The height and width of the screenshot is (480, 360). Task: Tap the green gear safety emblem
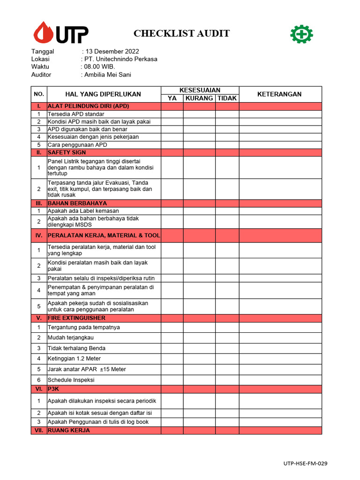pos(301,34)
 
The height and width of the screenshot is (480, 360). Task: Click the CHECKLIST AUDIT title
pos(181,33)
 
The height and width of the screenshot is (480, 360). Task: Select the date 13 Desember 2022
pos(112,52)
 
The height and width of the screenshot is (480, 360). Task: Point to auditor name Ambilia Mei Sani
pos(107,75)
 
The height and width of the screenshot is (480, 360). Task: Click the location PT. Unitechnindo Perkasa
pos(120,59)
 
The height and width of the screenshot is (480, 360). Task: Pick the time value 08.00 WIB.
pos(99,67)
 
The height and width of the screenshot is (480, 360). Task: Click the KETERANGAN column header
pos(279,94)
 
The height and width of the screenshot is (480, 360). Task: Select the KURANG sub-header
pos(199,98)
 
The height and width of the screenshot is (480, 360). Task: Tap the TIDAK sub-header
pos(227,98)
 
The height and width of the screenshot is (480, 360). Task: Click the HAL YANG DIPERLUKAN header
pos(103,94)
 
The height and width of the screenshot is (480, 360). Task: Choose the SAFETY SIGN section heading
pos(67,153)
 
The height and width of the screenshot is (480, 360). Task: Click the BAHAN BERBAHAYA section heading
pos(77,203)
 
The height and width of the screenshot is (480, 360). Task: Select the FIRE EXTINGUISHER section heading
pos(76,318)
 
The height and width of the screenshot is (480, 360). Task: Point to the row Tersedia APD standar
pos(76,114)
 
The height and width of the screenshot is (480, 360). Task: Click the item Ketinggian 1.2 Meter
pos(74,359)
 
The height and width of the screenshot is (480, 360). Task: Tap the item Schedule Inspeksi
pos(71,380)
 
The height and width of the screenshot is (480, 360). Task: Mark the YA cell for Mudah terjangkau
pos(172,337)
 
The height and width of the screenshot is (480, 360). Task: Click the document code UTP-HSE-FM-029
pos(305,464)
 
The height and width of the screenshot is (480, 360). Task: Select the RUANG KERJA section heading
pos(68,430)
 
